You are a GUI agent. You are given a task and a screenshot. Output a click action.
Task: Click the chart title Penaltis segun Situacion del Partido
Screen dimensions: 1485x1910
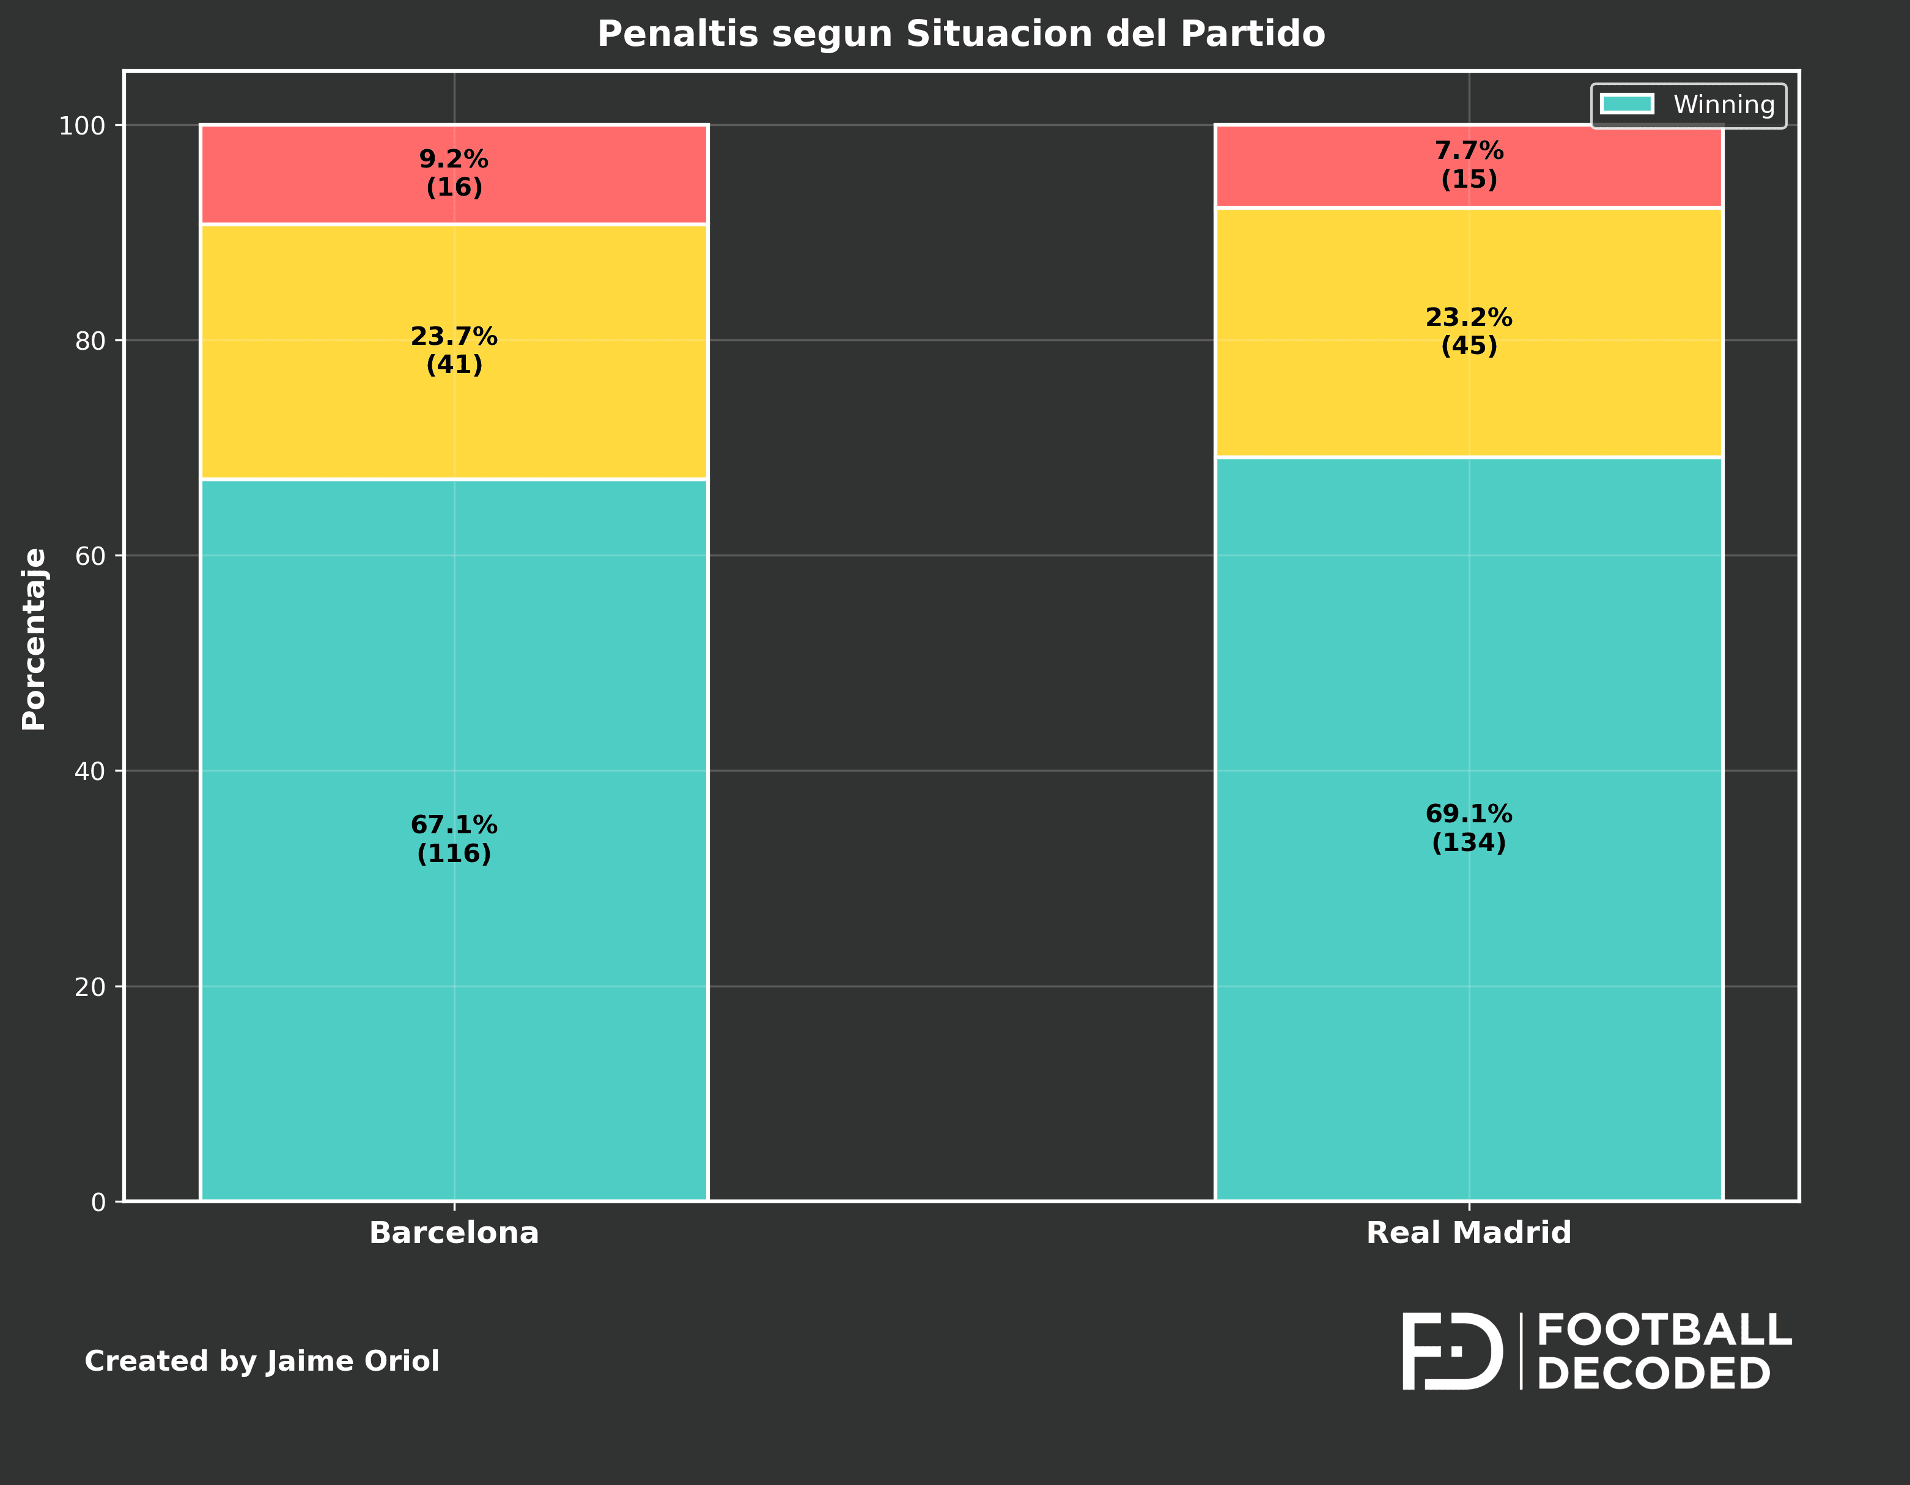[x=961, y=35]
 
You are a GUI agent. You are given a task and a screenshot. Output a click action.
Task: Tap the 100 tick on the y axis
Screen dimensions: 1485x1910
[x=81, y=126]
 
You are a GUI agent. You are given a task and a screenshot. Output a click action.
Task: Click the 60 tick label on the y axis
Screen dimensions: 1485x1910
[x=89, y=556]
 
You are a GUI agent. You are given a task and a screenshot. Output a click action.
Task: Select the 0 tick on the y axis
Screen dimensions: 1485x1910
[x=98, y=1203]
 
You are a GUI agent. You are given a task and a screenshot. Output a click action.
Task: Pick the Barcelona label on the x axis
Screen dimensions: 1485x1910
[x=454, y=1233]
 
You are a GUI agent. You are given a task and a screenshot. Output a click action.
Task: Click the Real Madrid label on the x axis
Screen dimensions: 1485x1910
[x=1469, y=1233]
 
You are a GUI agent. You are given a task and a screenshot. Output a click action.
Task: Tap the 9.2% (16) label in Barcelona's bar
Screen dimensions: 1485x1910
[x=454, y=173]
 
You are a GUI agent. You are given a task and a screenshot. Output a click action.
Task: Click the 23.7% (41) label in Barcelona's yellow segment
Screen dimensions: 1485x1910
[x=454, y=350]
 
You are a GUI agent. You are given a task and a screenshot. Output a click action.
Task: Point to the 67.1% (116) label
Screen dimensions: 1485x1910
[x=454, y=839]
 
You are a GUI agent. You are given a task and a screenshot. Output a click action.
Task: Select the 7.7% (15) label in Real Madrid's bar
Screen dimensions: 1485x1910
[x=1469, y=165]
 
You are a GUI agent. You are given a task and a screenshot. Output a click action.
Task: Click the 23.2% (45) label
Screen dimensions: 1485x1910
[x=1469, y=331]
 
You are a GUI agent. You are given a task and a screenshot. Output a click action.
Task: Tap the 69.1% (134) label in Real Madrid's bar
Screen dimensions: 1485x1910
[x=1469, y=828]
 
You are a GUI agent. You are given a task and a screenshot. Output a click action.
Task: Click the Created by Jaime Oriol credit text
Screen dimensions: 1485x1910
[x=262, y=1362]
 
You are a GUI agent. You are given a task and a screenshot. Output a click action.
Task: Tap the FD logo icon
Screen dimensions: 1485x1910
[x=1451, y=1351]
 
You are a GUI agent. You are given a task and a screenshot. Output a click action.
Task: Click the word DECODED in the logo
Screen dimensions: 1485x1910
[x=1653, y=1374]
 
